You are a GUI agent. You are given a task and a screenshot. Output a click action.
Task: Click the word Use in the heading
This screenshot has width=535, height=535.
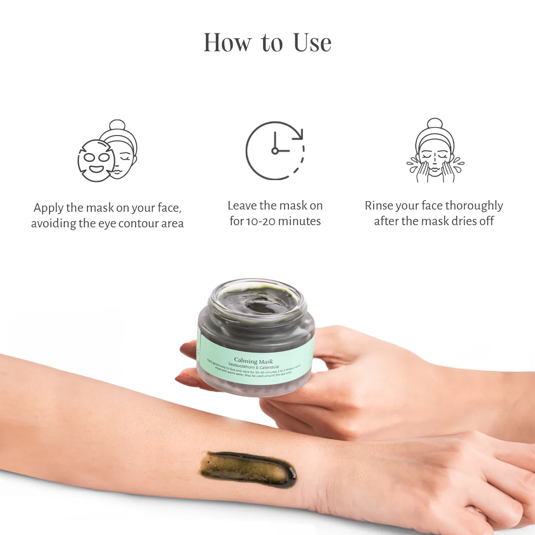pos(312,43)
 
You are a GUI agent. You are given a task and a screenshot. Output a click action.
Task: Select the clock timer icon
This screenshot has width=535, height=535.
pos(275,150)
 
